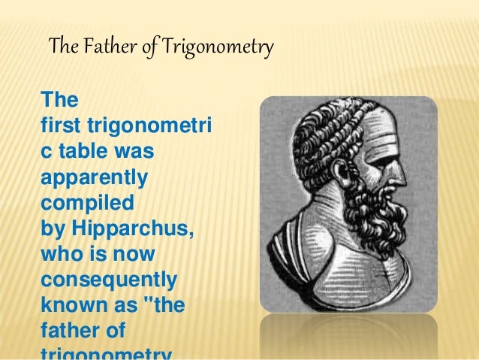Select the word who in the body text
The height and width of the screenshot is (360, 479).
62,253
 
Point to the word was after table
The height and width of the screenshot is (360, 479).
135,151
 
